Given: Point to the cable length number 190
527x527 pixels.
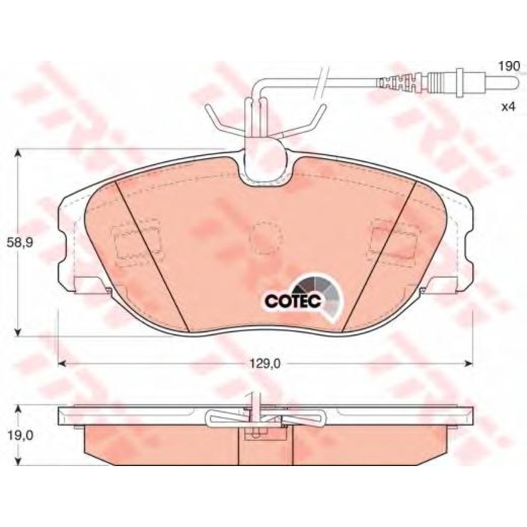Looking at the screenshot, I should click(x=509, y=67).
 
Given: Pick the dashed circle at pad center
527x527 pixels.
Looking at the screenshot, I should click(x=264, y=237).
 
